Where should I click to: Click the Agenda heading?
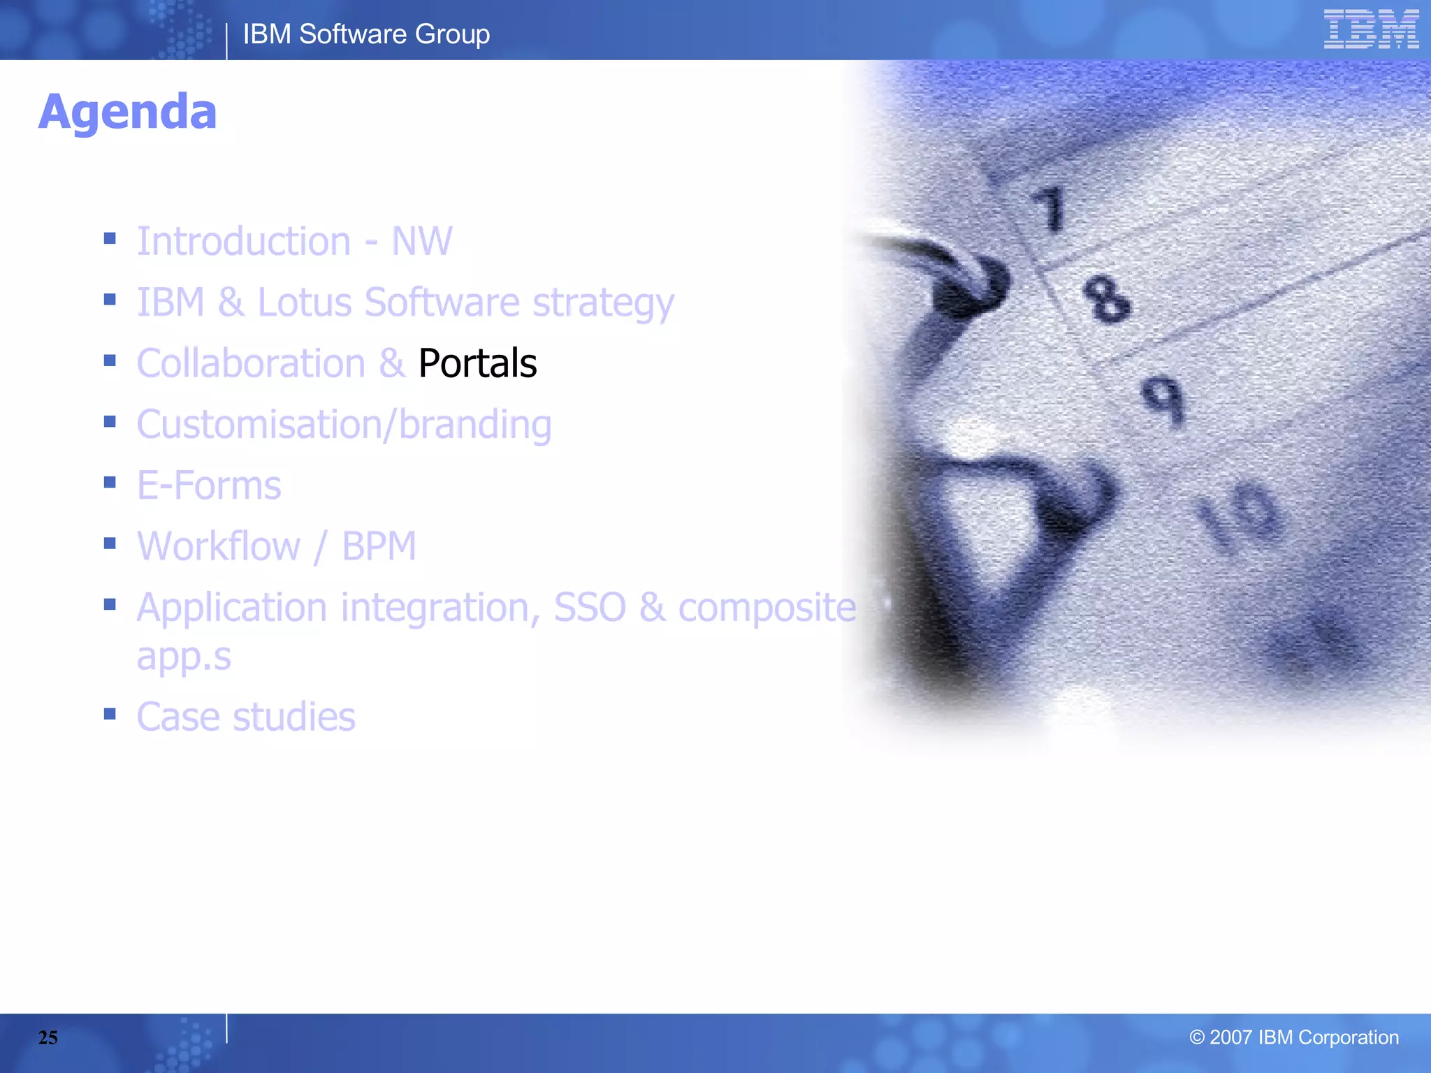(x=128, y=112)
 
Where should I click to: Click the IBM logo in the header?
(x=1370, y=29)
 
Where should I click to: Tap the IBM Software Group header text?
(x=366, y=34)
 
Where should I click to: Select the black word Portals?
(x=477, y=363)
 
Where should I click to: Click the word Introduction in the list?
(x=244, y=242)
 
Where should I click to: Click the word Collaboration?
(x=251, y=363)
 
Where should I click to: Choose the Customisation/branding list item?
(x=344, y=425)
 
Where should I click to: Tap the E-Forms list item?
(x=209, y=486)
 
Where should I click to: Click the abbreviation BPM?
(x=379, y=546)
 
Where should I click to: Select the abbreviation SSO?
(x=590, y=607)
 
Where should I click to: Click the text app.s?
(x=184, y=657)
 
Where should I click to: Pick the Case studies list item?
(x=246, y=717)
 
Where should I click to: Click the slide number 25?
(x=48, y=1037)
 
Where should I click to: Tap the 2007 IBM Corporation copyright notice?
(x=1293, y=1037)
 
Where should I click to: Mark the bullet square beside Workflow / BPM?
(x=110, y=543)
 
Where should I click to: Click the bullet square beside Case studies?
(x=110, y=714)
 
